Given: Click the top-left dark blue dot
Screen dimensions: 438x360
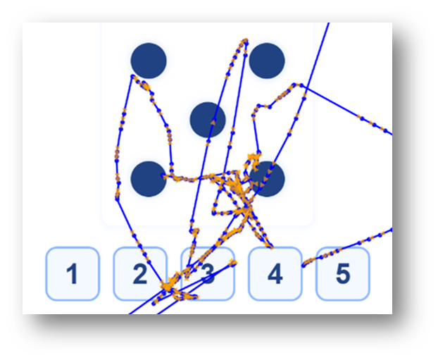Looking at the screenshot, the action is pyautogui.click(x=149, y=61).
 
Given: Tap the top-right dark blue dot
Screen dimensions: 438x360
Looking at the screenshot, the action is pyautogui.click(x=267, y=61).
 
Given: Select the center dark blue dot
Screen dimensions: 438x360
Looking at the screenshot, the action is pyautogui.click(x=208, y=120).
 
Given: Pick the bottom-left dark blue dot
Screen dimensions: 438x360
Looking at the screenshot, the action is pyautogui.click(x=149, y=179).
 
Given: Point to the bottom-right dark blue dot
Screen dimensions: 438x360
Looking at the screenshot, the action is pyautogui.click(x=267, y=179).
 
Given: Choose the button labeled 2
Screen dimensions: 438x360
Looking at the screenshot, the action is pyautogui.click(x=140, y=274).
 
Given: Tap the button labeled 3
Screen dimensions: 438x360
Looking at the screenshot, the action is pyautogui.click(x=208, y=274).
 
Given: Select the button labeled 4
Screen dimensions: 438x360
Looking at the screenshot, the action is pyautogui.click(x=275, y=274).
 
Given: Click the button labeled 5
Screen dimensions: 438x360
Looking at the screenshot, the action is pyautogui.click(x=343, y=274).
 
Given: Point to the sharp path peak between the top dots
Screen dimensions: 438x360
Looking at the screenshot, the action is pyautogui.click(x=246, y=40).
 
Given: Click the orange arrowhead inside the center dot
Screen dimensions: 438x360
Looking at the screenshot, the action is pyautogui.click(x=213, y=121).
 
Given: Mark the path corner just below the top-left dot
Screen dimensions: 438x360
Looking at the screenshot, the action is pyautogui.click(x=132, y=76).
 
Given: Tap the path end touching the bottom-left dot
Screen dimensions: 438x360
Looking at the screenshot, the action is pyautogui.click(x=163, y=176).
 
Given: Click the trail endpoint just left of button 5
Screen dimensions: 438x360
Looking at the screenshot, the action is pyautogui.click(x=304, y=266).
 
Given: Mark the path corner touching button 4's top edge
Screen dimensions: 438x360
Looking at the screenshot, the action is pyautogui.click(x=272, y=247).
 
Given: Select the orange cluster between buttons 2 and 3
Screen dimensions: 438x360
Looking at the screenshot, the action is pyautogui.click(x=168, y=285).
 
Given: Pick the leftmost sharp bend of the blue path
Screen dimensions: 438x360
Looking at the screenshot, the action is pyautogui.click(x=117, y=199).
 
